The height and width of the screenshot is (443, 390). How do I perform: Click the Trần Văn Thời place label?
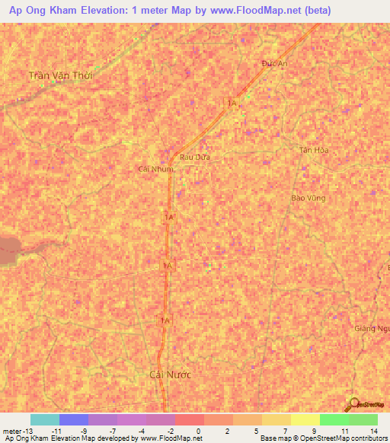point(64,75)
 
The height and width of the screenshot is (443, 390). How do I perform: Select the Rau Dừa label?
point(194,157)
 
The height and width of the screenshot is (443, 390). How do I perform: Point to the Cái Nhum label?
point(156,168)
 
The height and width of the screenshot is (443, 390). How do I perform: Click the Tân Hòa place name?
point(311,150)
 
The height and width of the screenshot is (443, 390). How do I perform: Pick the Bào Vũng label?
point(308,197)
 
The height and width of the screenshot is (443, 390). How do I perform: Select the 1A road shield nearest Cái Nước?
point(165,321)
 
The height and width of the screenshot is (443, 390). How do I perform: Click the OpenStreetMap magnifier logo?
point(352,403)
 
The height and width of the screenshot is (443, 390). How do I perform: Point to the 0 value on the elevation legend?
point(199,431)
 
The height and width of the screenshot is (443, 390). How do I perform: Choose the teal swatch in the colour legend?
point(45,419)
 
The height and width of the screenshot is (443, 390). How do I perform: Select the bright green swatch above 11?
point(334,419)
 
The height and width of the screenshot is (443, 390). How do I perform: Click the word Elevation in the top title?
point(98,11)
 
